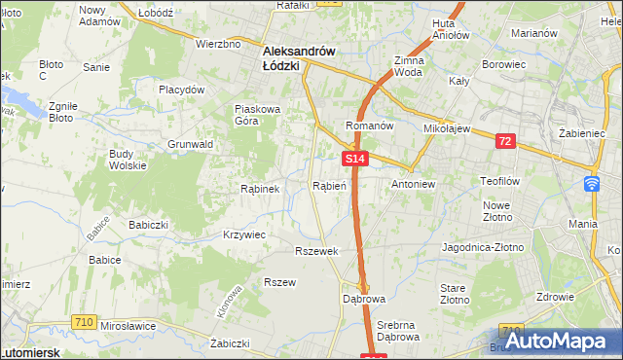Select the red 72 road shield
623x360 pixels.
504,141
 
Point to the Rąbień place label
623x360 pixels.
328,185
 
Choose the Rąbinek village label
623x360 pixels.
260,189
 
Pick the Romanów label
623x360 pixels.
369,126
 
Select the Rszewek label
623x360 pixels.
316,250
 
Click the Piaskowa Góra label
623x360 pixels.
257,115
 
